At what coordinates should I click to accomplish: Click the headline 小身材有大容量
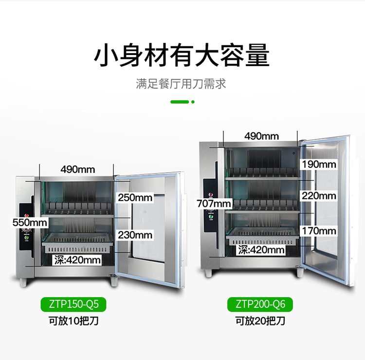[x=182, y=55]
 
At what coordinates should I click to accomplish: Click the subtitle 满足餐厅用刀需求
[x=181, y=84]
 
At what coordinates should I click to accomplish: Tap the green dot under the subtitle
[x=193, y=102]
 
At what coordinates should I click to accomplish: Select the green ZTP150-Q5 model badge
[x=73, y=305]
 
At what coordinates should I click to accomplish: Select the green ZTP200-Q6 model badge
[x=260, y=305]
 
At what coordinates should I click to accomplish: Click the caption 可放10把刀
[x=73, y=321]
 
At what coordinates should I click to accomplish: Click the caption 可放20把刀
[x=260, y=321]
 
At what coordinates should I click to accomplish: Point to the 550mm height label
[x=30, y=222]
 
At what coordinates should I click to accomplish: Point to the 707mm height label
[x=214, y=204]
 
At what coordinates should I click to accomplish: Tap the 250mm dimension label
[x=135, y=198]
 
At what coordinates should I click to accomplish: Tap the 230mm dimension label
[x=135, y=235]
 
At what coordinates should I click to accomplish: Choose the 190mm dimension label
[x=319, y=164]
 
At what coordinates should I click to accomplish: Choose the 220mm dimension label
[x=319, y=196]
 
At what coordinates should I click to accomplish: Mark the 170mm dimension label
[x=319, y=231]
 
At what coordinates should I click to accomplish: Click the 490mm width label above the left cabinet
[x=78, y=169]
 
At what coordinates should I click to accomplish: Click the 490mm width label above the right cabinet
[x=262, y=136]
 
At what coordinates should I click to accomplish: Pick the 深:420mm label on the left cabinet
[x=77, y=260]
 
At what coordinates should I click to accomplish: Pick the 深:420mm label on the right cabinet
[x=261, y=250]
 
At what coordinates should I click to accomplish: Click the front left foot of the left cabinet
[x=23, y=282]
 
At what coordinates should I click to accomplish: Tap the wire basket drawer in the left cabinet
[x=77, y=243]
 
